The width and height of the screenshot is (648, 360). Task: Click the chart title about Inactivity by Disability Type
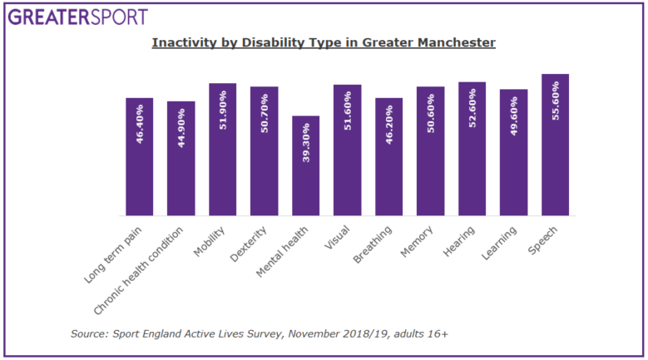[x=324, y=42]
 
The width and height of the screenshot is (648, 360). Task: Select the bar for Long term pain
[x=140, y=157]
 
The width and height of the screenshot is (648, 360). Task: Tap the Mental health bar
[x=305, y=166]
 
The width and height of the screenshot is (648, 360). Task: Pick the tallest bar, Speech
[x=555, y=145]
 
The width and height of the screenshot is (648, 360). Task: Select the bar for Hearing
[x=472, y=150]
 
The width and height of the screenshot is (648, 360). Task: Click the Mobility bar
[x=223, y=150]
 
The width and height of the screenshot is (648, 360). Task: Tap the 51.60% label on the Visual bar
[x=348, y=112]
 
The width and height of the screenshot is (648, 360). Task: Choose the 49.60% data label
[x=513, y=116]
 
